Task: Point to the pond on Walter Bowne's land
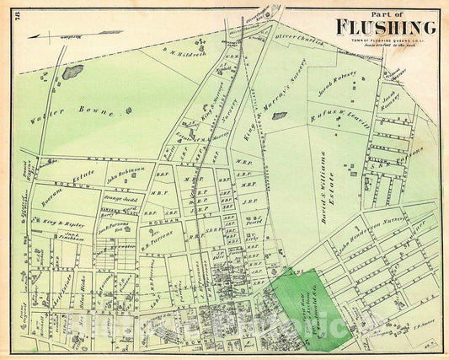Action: click(x=72, y=73)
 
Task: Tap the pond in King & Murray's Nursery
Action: click(x=279, y=116)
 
